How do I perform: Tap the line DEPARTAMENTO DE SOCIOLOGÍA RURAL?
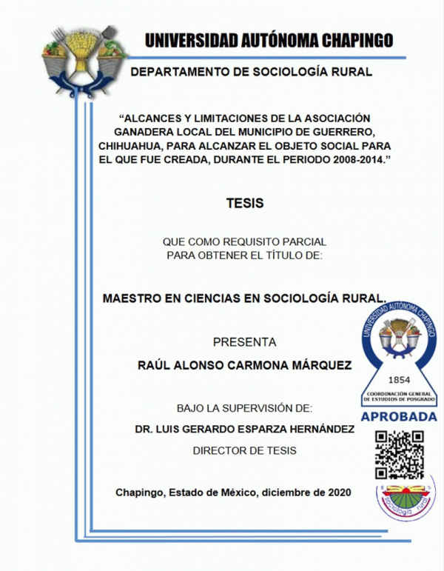pos(250,72)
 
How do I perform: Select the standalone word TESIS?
pos(244,202)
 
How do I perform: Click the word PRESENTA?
pos(244,342)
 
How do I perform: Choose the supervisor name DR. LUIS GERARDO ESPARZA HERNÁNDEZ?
pos(244,429)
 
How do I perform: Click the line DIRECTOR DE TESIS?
pos(244,450)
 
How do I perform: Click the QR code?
pos(400,453)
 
